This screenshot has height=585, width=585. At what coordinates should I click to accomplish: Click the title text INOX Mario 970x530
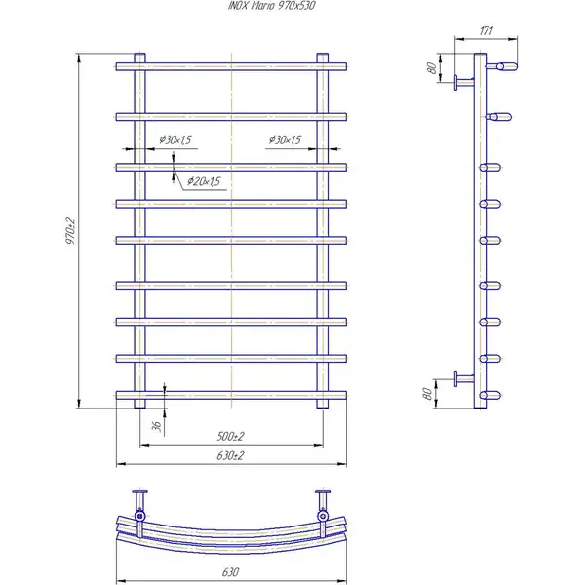[x=272, y=6]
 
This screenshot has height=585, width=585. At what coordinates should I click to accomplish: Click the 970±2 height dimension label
[x=70, y=231]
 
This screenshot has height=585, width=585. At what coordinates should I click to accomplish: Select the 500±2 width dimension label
[x=230, y=436]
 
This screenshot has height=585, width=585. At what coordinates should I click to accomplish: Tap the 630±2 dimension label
[x=230, y=455]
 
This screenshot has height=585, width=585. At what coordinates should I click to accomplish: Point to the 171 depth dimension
[x=487, y=30]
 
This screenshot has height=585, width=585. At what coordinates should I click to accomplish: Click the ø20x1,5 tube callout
[x=204, y=181]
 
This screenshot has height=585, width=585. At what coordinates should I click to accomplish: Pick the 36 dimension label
[x=157, y=426]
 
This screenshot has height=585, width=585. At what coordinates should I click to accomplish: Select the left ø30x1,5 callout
[x=175, y=139]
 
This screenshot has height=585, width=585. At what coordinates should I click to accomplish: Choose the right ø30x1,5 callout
[x=285, y=139]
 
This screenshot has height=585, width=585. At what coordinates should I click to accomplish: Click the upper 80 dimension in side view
[x=432, y=68]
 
